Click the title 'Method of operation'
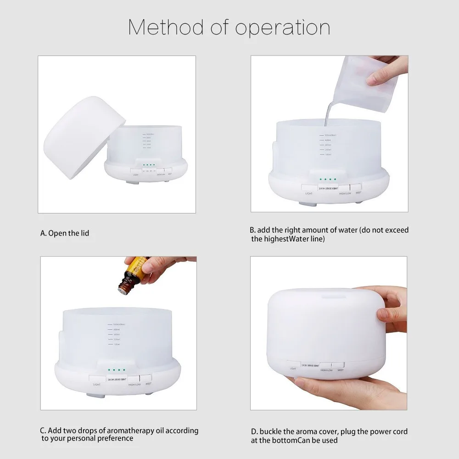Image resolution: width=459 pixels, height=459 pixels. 229,28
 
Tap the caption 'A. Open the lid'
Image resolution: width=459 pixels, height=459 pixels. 65,233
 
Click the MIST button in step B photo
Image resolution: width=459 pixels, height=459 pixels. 355,187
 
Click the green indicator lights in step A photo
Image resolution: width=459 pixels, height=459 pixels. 149,165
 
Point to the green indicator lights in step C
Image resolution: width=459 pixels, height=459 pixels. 116,369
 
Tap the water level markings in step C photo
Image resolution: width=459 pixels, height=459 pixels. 113,334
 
